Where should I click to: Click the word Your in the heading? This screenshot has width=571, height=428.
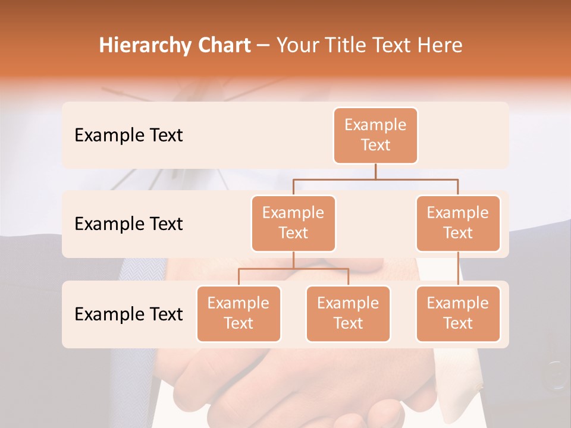coord(297,46)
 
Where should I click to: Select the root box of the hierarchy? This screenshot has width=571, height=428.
coord(375,135)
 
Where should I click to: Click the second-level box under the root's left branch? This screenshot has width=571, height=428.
coord(293,223)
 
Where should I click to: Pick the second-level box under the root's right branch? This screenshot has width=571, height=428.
coord(458,223)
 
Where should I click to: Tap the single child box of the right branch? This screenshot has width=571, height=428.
coord(458,313)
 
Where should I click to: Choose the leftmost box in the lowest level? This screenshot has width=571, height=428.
coord(239,313)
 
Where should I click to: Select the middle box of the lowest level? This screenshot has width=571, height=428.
coord(348,313)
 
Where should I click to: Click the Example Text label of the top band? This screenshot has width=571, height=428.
coord(128,136)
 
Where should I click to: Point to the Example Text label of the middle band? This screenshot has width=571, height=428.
coord(128,224)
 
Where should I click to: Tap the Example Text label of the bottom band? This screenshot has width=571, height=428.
coord(128,314)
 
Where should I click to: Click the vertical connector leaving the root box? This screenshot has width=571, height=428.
coord(375,171)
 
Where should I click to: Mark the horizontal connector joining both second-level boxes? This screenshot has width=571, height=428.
coord(375,178)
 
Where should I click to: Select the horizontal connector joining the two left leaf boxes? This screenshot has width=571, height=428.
coord(293,269)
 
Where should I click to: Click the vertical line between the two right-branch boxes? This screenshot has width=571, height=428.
coord(458,269)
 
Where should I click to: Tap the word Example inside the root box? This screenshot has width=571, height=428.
coord(375,125)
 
